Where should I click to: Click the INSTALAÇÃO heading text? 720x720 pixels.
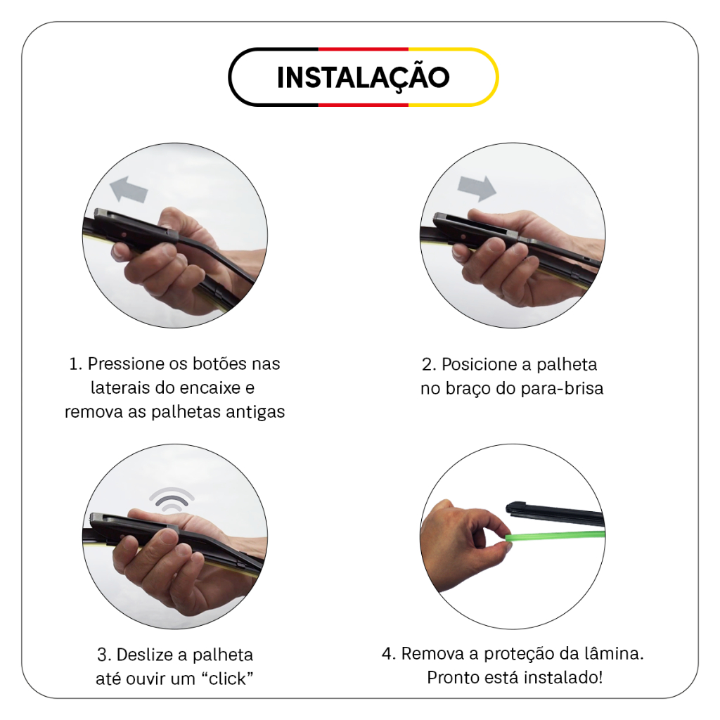pos(364,77)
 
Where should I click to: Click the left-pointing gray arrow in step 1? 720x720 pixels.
pos(129,189)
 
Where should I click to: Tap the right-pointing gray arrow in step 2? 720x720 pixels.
pos(477,188)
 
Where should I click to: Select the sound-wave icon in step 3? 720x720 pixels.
pos(172,500)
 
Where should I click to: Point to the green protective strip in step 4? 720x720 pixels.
pos(555,536)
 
